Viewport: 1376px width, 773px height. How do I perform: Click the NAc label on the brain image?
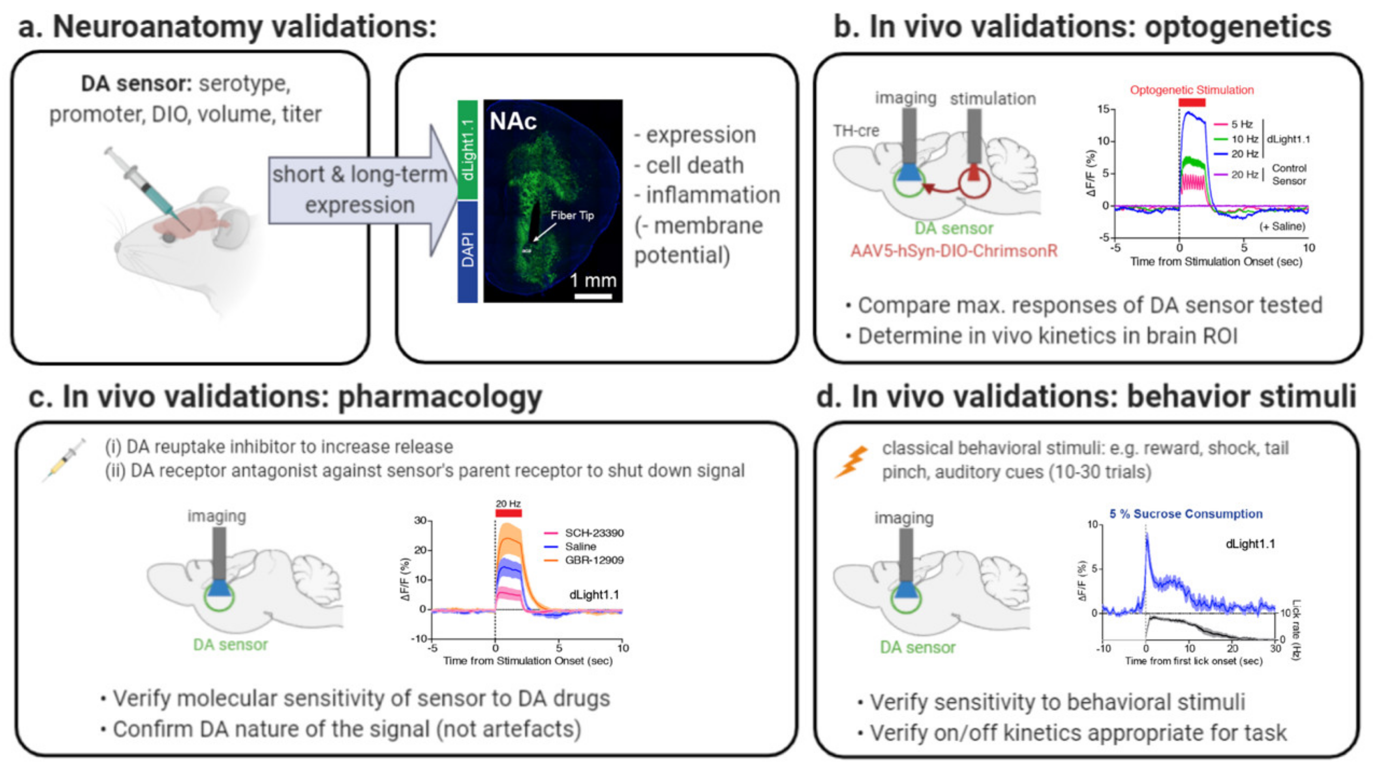click(x=513, y=122)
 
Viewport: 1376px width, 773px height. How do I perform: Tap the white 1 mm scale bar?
click(x=593, y=295)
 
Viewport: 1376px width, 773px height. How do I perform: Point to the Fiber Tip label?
click(x=572, y=215)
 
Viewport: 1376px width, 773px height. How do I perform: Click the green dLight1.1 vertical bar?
click(x=467, y=150)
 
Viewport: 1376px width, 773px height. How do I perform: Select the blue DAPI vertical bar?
click(x=467, y=251)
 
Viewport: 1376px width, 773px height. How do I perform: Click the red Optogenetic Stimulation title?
click(x=1191, y=90)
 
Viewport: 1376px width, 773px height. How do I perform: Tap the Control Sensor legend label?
click(x=1288, y=175)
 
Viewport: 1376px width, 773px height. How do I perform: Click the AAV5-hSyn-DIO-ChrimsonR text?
click(x=954, y=251)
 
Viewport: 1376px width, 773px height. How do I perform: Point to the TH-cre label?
click(x=856, y=131)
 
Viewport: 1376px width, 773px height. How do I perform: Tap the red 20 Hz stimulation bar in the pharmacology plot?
click(x=508, y=513)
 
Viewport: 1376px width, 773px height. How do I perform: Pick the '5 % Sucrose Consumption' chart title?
click(x=1186, y=514)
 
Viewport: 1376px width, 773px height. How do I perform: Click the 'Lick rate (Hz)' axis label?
click(x=1296, y=630)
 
